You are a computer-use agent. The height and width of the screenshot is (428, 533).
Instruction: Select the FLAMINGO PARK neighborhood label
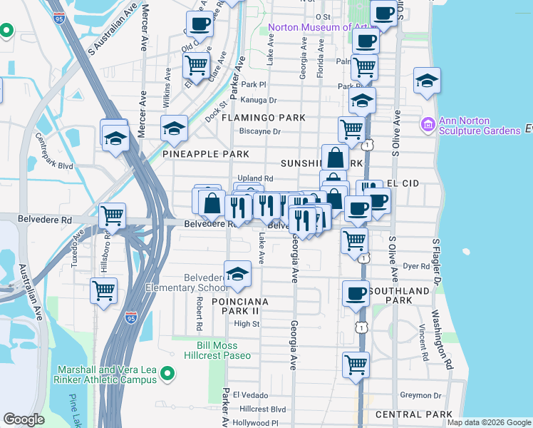pos(263,117)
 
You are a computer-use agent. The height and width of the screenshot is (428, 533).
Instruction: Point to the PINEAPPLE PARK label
pos(205,154)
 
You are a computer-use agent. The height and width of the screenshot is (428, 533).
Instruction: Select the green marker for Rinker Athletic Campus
pos(167,372)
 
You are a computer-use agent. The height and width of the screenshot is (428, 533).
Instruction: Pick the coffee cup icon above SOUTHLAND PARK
pos(355,292)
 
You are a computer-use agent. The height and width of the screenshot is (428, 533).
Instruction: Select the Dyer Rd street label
pos(415,266)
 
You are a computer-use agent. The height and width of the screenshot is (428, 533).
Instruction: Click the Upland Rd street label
pos(255,178)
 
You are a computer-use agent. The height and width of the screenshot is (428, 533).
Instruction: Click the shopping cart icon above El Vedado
pos(355,365)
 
